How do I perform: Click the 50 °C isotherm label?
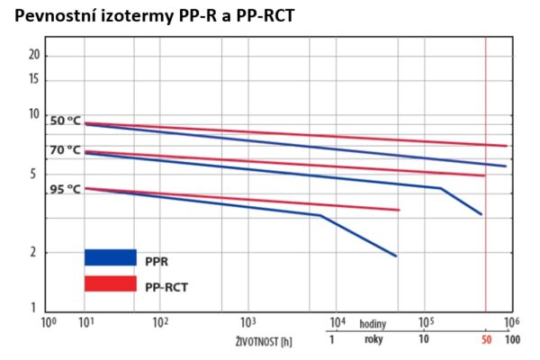coord(65,121)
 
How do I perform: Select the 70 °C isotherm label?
coord(65,150)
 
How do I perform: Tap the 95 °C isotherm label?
coord(65,189)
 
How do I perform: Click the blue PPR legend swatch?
coord(110,257)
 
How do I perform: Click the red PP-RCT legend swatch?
coord(110,284)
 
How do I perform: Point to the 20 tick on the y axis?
coord(33,55)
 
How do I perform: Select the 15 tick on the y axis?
coord(33,78)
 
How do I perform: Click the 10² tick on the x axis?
coord(159,321)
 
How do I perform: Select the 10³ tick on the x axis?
coord(247,321)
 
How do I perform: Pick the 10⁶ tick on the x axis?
coord(510,321)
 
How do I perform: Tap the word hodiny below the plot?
coord(373,322)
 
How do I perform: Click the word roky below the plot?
coord(373,339)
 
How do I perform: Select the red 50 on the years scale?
coord(485,340)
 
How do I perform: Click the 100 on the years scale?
coord(512,340)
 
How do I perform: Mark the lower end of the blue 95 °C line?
coord(397,256)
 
